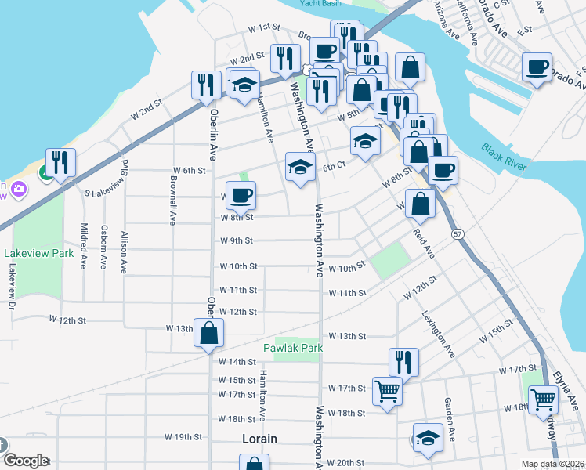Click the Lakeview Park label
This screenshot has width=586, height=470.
pyautogui.click(x=38, y=253)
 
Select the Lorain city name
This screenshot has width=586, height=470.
pyautogui.click(x=259, y=439)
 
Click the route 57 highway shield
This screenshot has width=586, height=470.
pyautogui.click(x=457, y=234)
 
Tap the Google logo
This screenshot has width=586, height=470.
pyautogui.click(x=25, y=461)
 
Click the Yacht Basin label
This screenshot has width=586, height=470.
pyautogui.click(x=319, y=3)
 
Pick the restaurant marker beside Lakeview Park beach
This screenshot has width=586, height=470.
pyautogui.click(x=60, y=162)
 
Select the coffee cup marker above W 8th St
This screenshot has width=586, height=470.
pyautogui.click(x=240, y=196)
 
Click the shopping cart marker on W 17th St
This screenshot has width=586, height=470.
pyautogui.click(x=387, y=391)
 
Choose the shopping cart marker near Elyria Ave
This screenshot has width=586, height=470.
pyautogui.click(x=543, y=400)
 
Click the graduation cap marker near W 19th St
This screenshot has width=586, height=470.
pyautogui.click(x=428, y=437)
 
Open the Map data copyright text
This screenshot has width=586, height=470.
pyautogui.click(x=553, y=464)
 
